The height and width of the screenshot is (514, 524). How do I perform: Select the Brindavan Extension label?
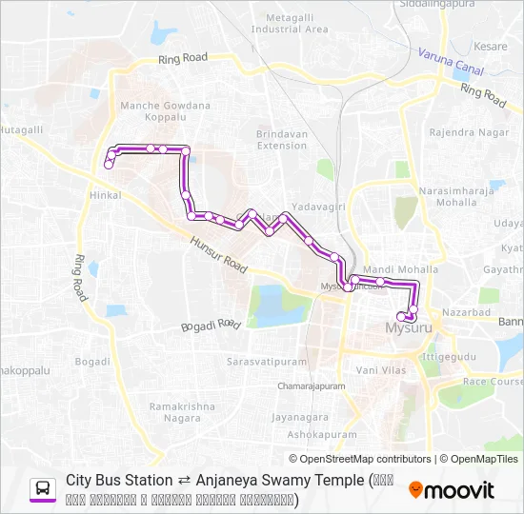282,140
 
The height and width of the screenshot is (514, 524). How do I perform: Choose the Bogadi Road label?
211,326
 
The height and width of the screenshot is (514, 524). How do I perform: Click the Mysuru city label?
409,328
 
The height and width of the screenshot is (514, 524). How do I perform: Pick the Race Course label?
492,381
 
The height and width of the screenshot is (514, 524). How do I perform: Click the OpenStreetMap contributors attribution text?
361,459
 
